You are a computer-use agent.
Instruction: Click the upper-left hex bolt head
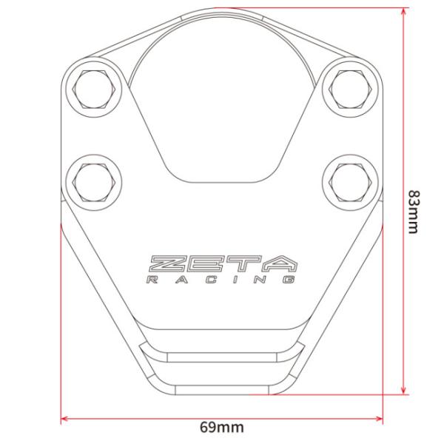94,89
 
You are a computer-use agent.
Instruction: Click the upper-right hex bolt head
350,89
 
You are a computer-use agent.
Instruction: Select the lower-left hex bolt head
94,182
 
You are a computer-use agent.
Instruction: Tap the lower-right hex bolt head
350,182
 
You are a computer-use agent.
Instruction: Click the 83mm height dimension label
413,212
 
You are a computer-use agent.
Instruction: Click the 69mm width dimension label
222,427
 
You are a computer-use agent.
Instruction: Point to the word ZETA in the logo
223,264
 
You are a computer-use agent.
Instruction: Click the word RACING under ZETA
221,280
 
